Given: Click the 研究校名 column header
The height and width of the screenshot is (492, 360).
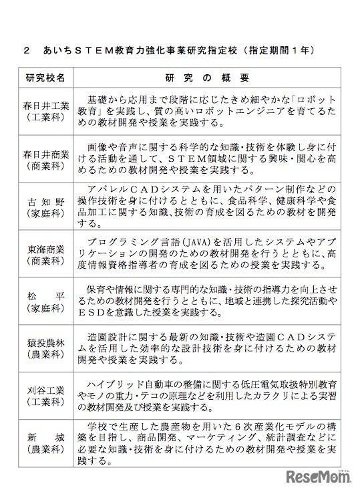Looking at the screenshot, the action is click(x=45, y=78).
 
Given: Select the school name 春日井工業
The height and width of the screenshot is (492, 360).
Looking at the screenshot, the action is click(x=45, y=106).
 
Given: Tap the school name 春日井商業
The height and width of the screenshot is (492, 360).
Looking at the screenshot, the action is click(x=45, y=154).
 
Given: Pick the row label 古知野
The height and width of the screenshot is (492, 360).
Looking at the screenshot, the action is click(x=45, y=202).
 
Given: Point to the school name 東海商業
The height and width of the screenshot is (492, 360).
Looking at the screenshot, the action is click(x=45, y=251).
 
